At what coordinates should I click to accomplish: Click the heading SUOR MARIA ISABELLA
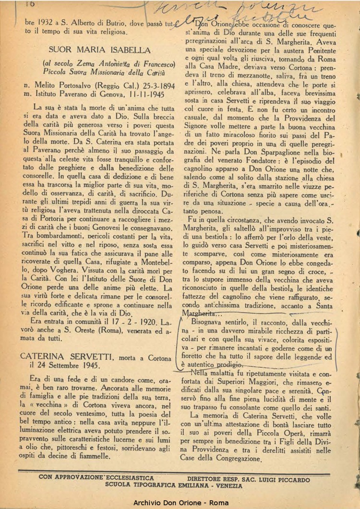tap(99, 50)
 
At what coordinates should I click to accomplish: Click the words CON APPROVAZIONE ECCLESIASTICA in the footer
tap(97, 478)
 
